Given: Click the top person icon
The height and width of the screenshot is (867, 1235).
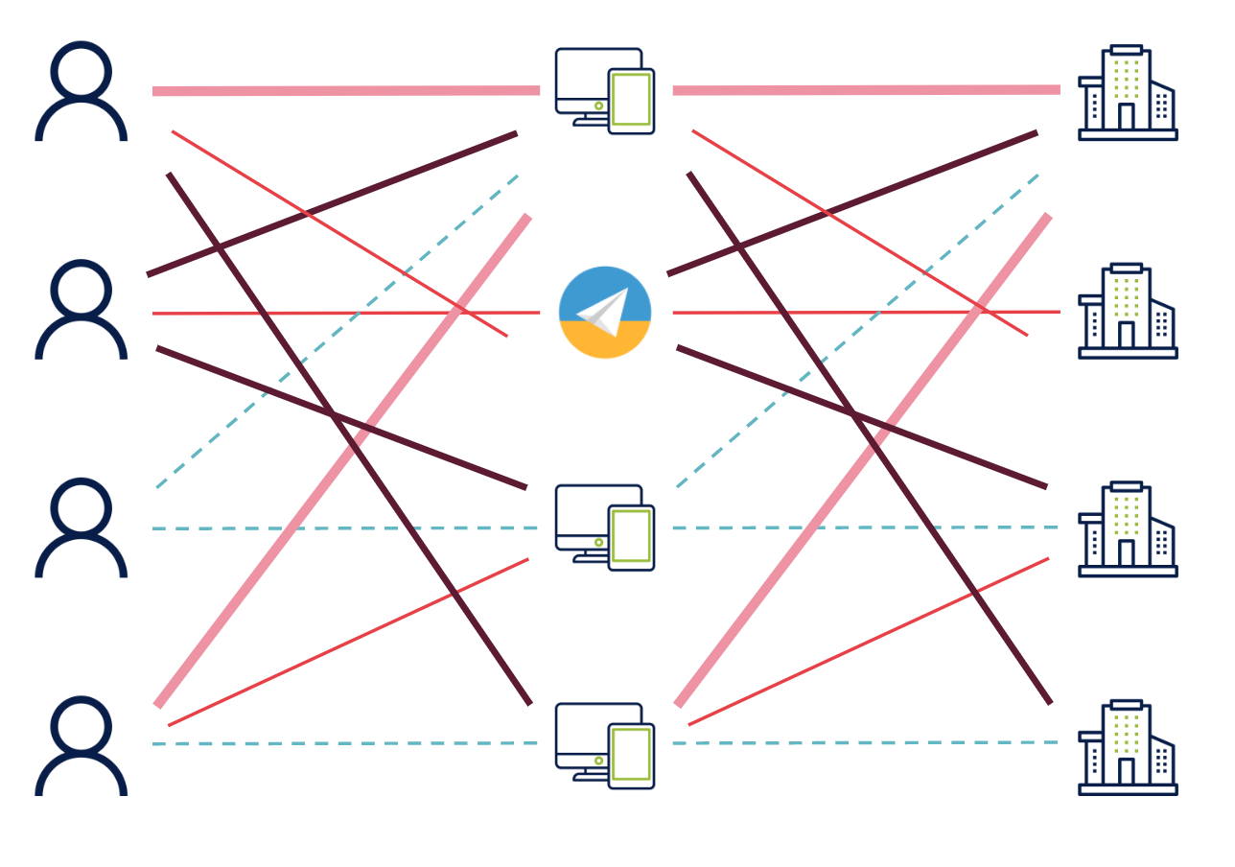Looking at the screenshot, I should tap(82, 92).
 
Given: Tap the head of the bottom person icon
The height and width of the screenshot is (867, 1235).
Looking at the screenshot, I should tap(82, 725).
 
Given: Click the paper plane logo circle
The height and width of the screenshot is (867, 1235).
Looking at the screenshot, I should tap(605, 313).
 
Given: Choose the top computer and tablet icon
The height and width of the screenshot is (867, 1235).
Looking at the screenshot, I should tap(604, 90).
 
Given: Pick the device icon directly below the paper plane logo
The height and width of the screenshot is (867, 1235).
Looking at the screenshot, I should tap(604, 527).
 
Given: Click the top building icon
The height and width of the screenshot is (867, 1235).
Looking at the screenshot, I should tap(1128, 92).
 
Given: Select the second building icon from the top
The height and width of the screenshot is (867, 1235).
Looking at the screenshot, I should tap(1128, 311).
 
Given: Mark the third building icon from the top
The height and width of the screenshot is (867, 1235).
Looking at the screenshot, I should tap(1128, 528).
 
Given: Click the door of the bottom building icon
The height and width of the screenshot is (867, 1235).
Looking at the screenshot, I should tap(1127, 771).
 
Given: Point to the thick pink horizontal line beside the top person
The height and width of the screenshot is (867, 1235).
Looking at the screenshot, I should tap(345, 91).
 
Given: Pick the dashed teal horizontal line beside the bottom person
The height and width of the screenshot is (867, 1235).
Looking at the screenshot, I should tap(345, 743).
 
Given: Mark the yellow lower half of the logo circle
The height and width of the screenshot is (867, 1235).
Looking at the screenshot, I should tap(605, 341).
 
